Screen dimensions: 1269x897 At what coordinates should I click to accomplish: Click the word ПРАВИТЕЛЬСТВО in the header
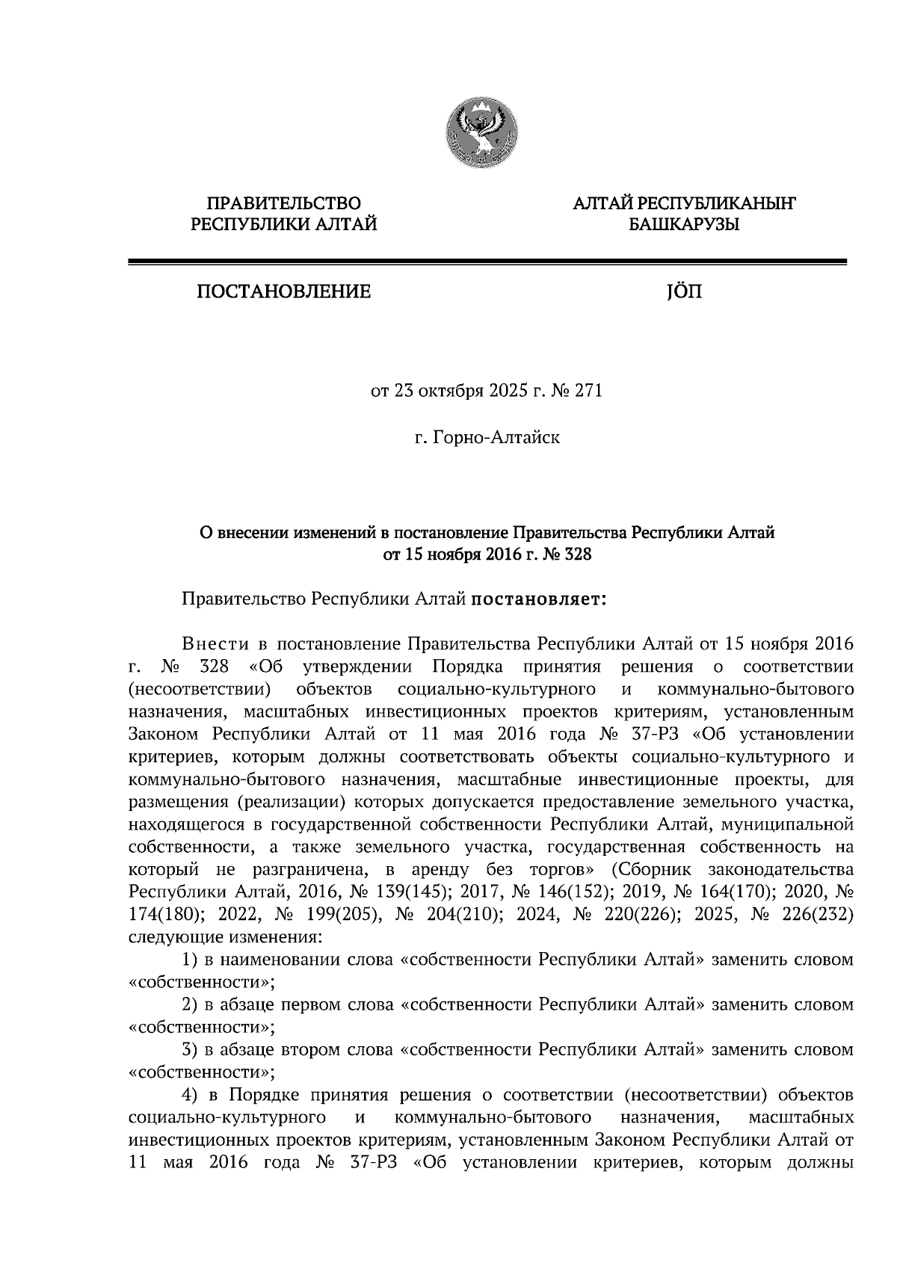(x=283, y=203)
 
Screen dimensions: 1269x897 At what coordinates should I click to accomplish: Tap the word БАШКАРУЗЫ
(x=683, y=223)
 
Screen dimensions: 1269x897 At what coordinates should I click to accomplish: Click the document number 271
(x=587, y=391)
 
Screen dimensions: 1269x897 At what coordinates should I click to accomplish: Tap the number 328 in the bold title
(x=577, y=554)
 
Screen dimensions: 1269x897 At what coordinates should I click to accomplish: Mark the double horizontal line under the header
(x=487, y=262)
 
